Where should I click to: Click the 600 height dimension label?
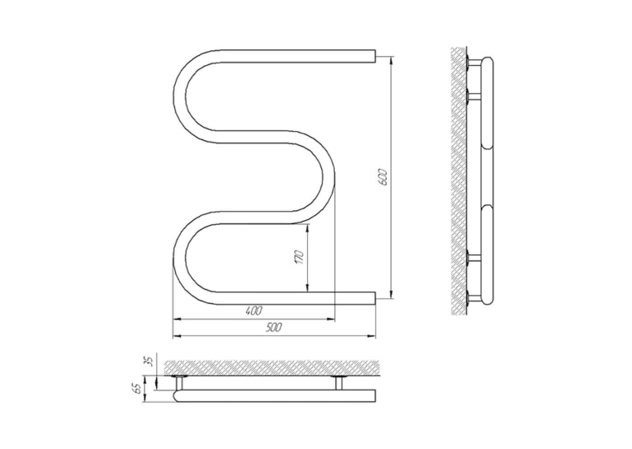(384, 177)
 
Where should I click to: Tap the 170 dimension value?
(299, 257)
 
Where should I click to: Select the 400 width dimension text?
(253, 311)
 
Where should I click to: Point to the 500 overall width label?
(274, 328)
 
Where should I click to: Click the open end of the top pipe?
(375, 56)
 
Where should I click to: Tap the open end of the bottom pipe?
(375, 298)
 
